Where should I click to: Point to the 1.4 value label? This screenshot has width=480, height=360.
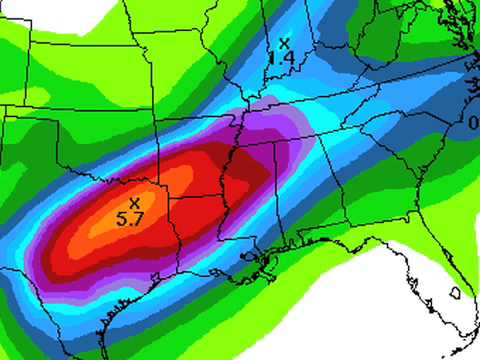click(284, 59)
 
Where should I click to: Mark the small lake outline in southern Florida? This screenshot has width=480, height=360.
click(455, 293)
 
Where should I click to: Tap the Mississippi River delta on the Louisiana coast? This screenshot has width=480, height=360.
click(267, 268)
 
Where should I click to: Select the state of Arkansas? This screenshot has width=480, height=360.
click(205, 185)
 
